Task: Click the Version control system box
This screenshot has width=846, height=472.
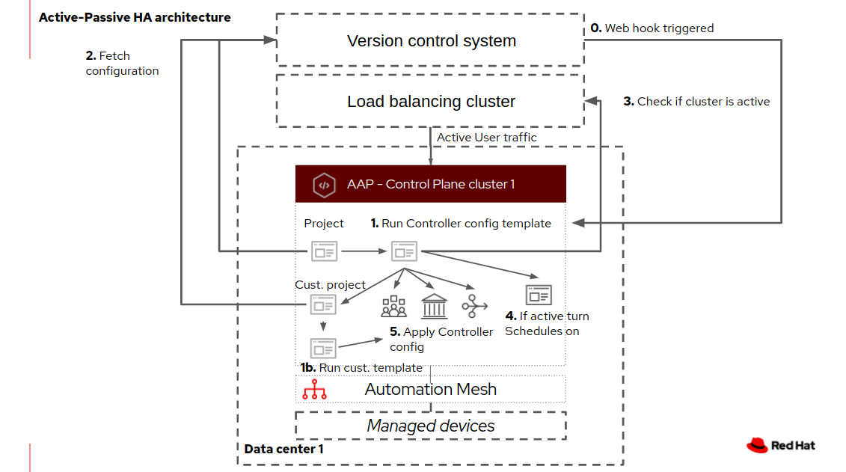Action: [x=431, y=40]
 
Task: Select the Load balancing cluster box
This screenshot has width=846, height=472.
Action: [x=431, y=101]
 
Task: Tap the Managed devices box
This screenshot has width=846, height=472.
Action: [x=431, y=426]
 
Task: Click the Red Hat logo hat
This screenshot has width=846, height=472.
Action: [x=757, y=444]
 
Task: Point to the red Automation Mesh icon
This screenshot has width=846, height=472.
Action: [x=314, y=390]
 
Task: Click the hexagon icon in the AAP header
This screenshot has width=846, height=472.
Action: [x=324, y=185]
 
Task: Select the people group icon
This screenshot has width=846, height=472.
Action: [x=393, y=306]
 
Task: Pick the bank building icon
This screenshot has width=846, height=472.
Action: [x=435, y=306]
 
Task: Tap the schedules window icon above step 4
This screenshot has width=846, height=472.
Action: [x=539, y=295]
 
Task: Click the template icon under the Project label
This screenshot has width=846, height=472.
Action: [x=324, y=251]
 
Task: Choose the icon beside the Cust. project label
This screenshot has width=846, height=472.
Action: [x=324, y=304]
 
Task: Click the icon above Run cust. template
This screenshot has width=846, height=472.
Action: [x=324, y=348]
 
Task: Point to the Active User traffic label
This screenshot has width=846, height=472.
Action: [x=486, y=138]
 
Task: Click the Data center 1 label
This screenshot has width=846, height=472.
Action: [x=283, y=449]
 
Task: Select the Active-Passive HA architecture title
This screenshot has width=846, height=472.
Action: [x=135, y=17]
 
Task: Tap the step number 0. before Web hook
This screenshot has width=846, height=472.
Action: [x=596, y=28]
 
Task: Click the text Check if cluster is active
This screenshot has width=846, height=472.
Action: [x=703, y=102]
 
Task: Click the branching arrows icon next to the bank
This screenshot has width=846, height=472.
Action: [x=474, y=305]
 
